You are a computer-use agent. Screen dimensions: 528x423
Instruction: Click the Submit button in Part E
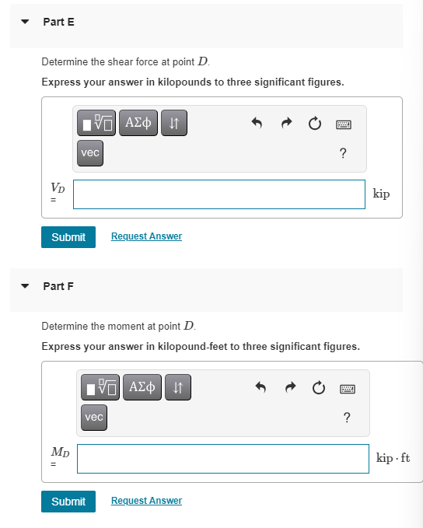pos(68,237)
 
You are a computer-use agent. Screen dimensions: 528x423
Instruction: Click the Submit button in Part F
pos(68,502)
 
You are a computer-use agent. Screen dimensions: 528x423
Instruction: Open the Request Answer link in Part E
pos(146,236)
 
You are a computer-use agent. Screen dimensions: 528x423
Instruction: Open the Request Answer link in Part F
pos(146,501)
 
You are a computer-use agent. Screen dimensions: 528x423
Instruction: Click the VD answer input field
pos(219,194)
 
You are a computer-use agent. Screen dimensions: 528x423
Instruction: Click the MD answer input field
pos(222,458)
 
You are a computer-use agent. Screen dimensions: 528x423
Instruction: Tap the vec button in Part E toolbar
pos(90,153)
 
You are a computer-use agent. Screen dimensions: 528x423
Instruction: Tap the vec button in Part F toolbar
pos(93,418)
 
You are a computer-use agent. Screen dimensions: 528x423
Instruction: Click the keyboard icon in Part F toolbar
pos(346,387)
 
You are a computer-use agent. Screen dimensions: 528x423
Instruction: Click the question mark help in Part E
pos(343,153)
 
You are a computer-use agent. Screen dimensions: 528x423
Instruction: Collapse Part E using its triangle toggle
pos(26,22)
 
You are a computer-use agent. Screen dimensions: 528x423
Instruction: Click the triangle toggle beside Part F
pos(26,286)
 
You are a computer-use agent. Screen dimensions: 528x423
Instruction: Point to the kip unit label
pos(381,194)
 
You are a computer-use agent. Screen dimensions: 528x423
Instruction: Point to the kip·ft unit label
pos(393,457)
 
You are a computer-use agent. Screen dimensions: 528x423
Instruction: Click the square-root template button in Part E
pos(98,122)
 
